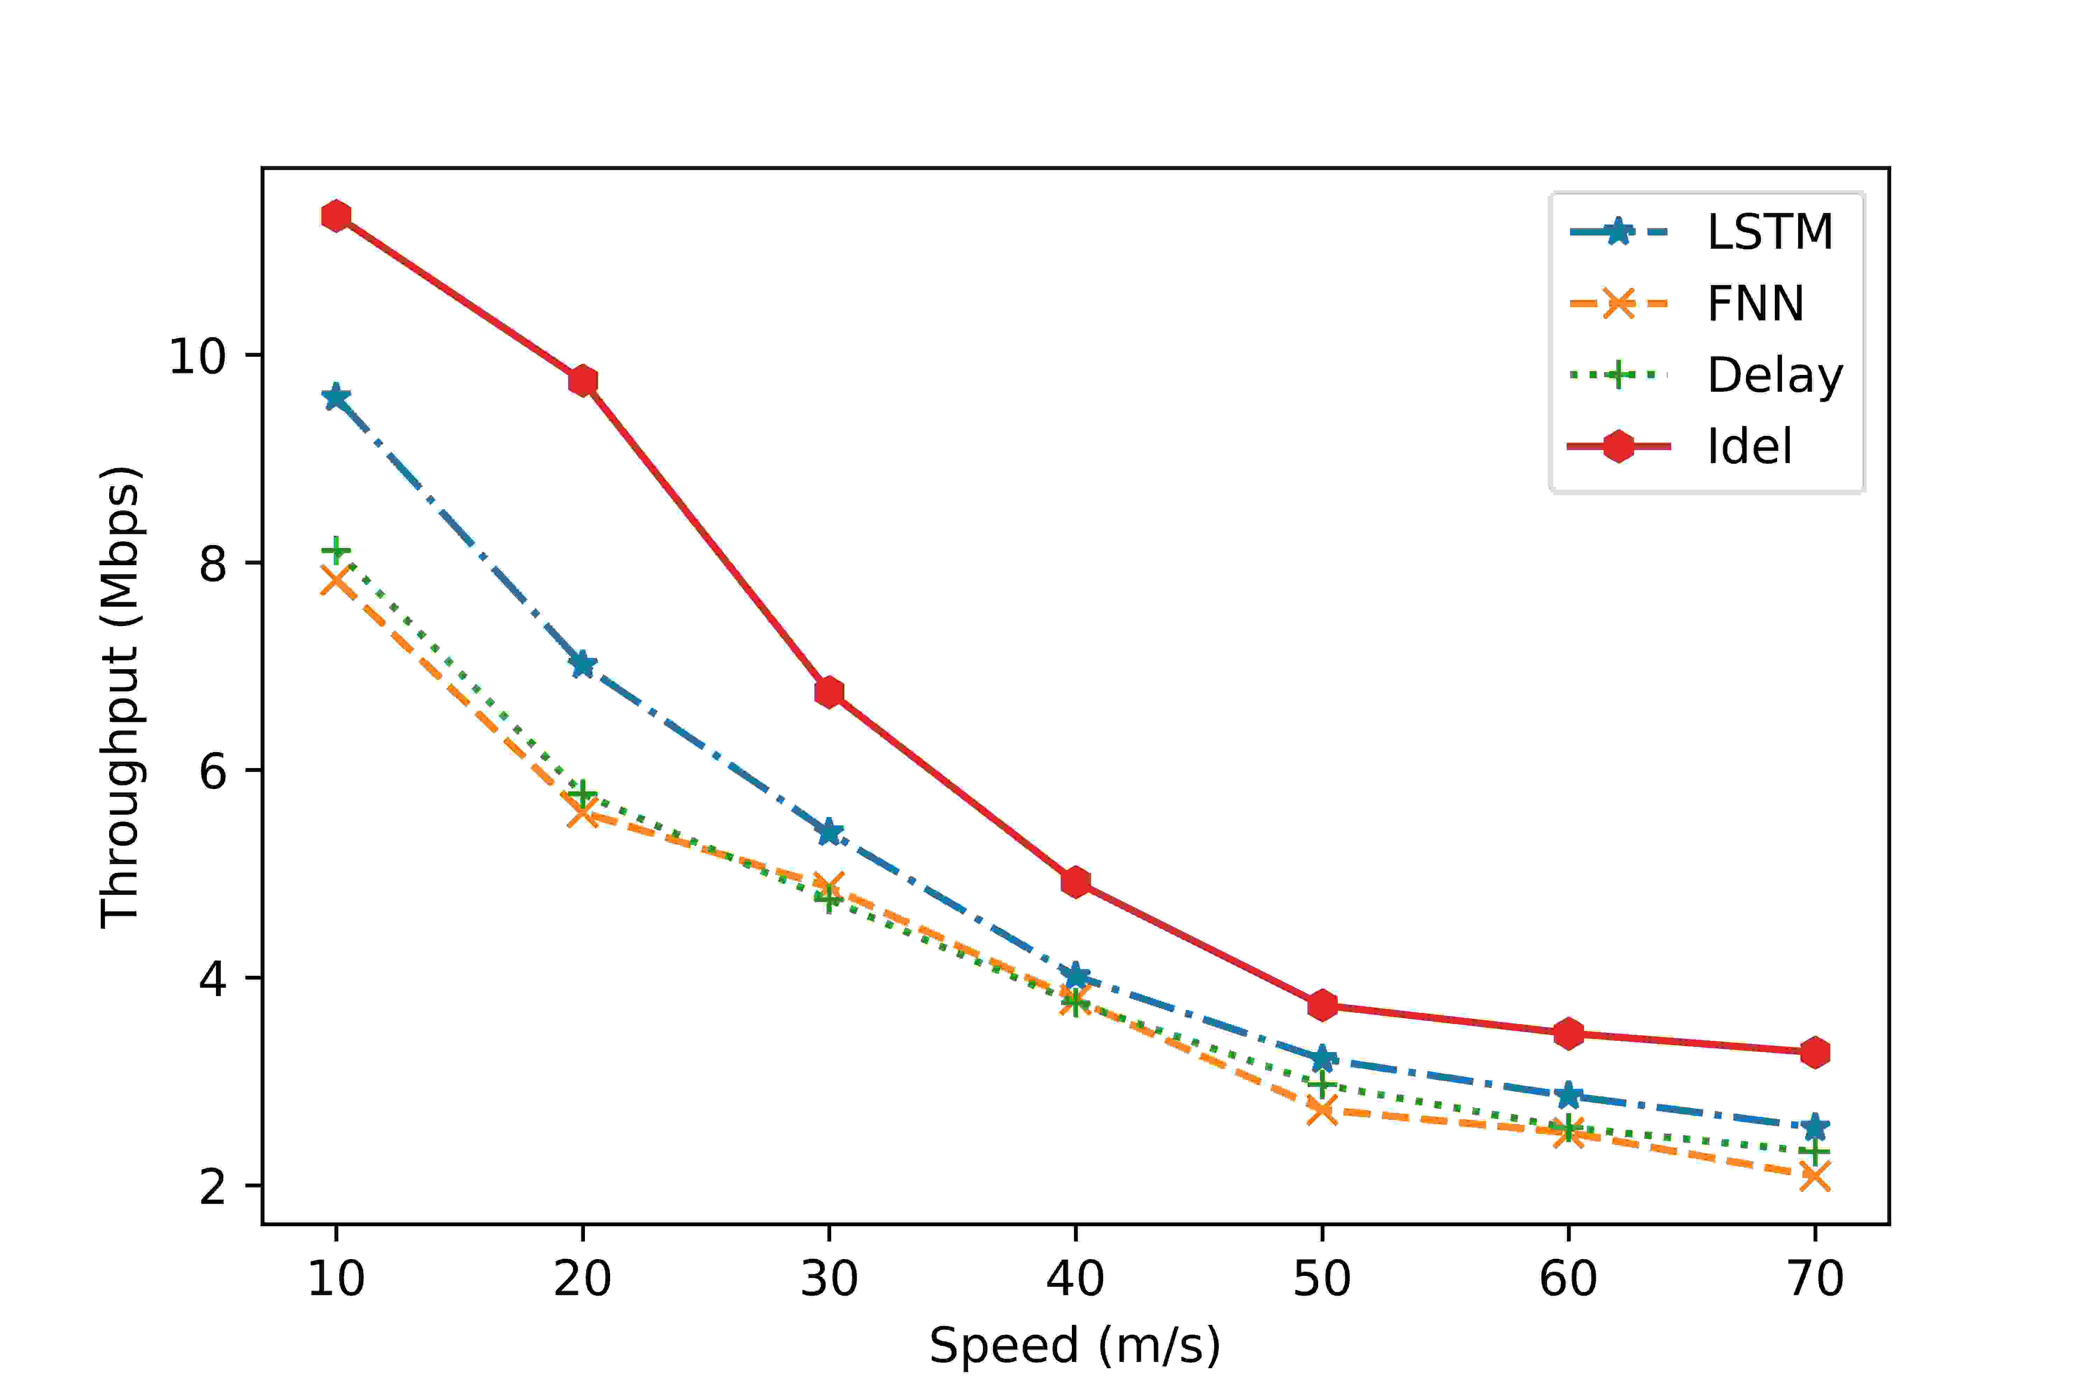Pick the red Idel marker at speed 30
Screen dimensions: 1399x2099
click(x=829, y=691)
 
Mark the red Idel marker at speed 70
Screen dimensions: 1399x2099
click(x=1814, y=1052)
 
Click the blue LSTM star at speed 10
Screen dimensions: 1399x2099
click(x=337, y=397)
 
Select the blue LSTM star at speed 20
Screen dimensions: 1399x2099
click(x=583, y=664)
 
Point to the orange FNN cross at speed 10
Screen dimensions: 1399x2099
click(x=337, y=581)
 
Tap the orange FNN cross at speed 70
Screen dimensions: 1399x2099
click(x=1814, y=1177)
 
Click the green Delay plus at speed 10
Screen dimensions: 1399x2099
click(x=337, y=551)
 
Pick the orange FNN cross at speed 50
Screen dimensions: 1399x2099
click(x=1322, y=1111)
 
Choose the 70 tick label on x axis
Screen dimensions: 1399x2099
click(x=1814, y=1279)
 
